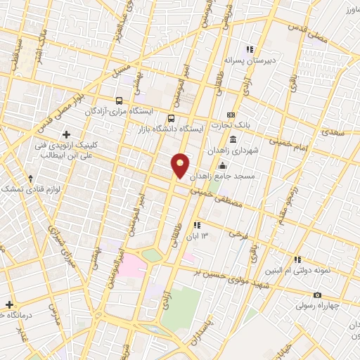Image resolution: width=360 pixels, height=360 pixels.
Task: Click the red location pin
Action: pos(181,166)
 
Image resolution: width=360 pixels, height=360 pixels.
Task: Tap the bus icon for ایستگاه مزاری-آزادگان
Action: pos(120,101)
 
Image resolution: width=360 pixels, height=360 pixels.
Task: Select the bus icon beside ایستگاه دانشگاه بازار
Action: pos(172,117)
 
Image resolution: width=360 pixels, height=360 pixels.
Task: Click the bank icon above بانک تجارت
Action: pos(230,115)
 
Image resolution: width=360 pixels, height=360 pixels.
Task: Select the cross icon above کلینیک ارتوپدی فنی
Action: pos(67,134)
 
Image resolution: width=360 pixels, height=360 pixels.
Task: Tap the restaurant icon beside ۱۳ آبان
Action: pos(197,226)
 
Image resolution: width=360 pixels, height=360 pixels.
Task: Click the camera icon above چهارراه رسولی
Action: pos(318,295)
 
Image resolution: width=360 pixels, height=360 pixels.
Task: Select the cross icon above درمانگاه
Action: pos(9,304)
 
